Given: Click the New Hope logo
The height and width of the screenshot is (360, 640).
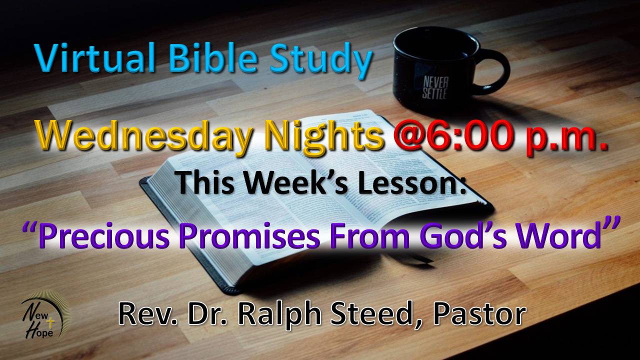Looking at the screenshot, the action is click(45, 315).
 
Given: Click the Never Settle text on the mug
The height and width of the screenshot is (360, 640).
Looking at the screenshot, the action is click(435, 87).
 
